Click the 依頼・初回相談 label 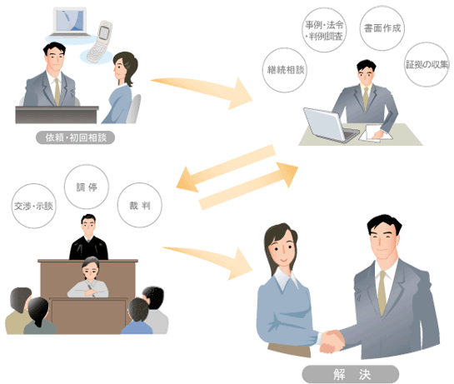tap(75, 137)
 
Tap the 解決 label tap(351, 374)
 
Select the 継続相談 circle tap(285, 70)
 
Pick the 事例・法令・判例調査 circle tap(324, 30)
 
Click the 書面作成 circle tap(382, 28)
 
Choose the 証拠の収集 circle tap(427, 64)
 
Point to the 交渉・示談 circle tap(34, 206)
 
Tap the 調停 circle tap(87, 187)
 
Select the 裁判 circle tap(140, 205)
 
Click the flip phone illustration tap(99, 42)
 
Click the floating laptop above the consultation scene tap(70, 22)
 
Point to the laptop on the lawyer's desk tap(330, 126)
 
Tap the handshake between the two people tap(332, 342)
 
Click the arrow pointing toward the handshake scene tap(209, 262)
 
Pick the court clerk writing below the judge tap(88, 278)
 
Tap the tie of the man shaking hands tap(382, 292)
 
